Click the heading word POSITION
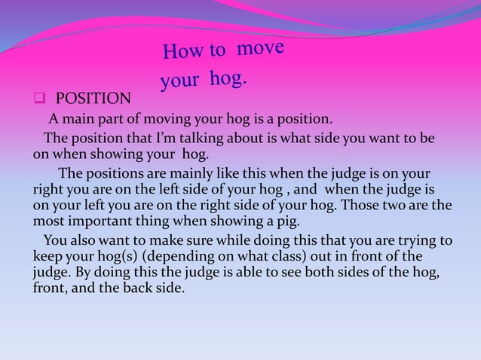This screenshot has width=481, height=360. (93, 99)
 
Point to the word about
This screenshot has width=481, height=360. (244, 139)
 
